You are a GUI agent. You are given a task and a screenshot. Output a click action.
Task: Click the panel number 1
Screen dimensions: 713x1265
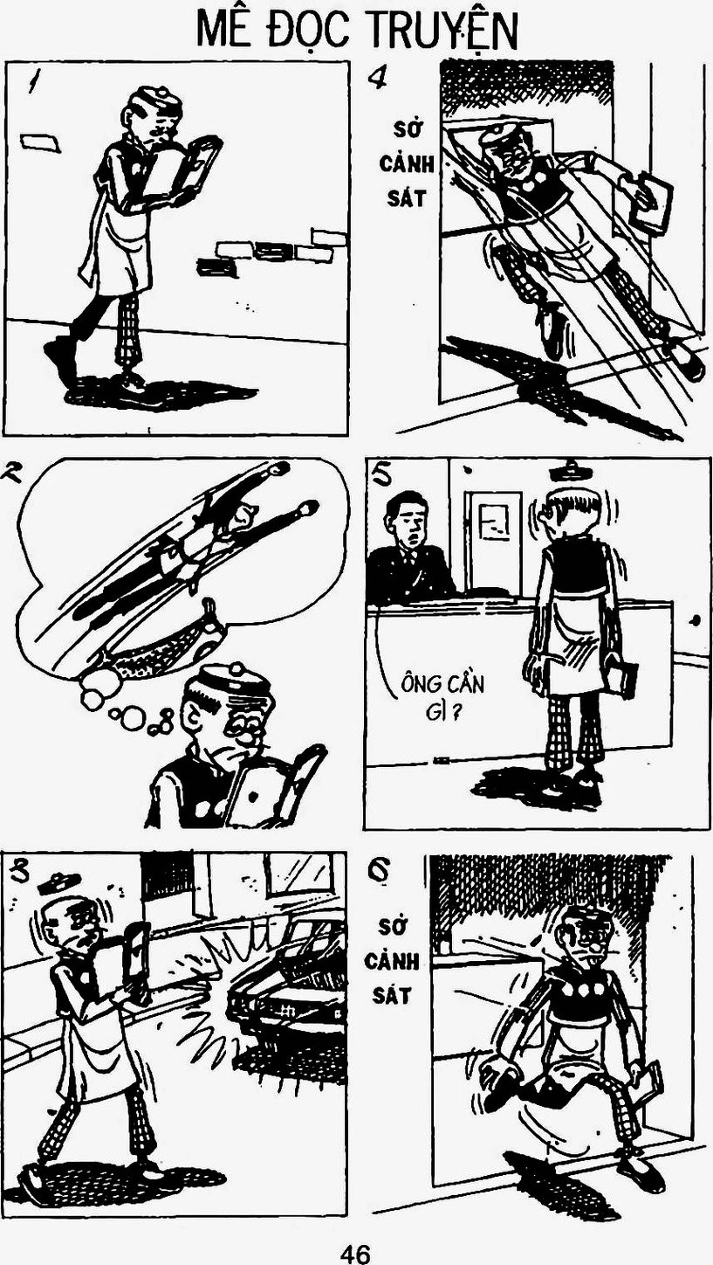(x=36, y=82)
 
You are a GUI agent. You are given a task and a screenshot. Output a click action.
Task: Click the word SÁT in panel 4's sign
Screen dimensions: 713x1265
(x=407, y=198)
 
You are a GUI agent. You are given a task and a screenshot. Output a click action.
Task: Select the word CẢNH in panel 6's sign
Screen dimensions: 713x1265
(x=392, y=961)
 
